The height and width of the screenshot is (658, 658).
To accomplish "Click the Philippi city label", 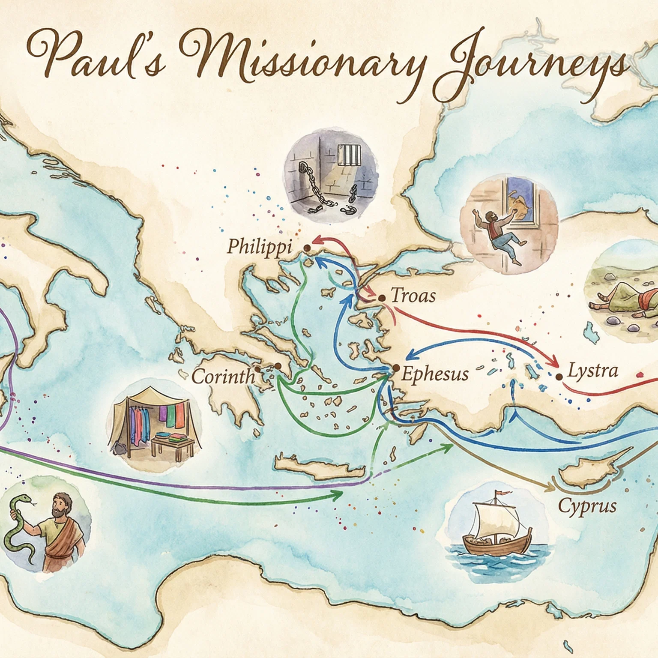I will click(259, 247).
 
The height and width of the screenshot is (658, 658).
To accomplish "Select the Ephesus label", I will click(435, 374).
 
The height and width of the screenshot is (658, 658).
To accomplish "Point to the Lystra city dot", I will click(559, 377).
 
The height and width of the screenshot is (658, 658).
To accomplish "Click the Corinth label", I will click(223, 377).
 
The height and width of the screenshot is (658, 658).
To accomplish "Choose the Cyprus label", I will click(587, 506).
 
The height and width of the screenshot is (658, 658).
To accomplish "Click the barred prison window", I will click(349, 155).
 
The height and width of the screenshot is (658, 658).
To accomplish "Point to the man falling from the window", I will click(499, 233).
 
